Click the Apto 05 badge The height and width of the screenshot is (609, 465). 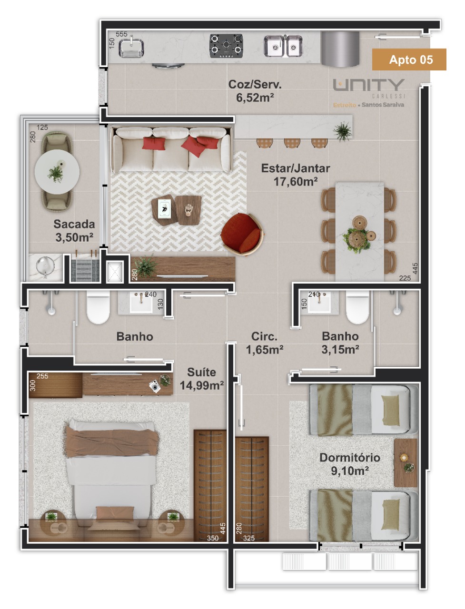click(409, 59)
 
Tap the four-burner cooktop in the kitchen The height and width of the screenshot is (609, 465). click(226, 46)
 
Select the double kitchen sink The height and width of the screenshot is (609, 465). click(283, 46)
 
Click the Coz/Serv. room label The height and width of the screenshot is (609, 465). click(255, 84)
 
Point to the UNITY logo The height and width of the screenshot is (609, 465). click(368, 85)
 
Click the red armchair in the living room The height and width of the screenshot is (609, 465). click(242, 234)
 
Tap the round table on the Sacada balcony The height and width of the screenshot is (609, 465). click(57, 172)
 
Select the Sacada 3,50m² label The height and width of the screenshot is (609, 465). click(74, 231)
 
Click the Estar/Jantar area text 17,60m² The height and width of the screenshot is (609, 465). click(296, 181)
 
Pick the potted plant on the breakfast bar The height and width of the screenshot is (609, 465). click(343, 131)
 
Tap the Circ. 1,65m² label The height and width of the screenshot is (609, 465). click(265, 343)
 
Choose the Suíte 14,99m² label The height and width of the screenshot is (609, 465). click(202, 379)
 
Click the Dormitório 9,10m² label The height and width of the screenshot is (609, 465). click(349, 464)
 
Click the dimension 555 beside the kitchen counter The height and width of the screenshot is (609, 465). click(121, 34)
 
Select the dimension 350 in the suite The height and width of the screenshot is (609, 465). click(213, 538)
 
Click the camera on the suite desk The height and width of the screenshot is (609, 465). click(155, 386)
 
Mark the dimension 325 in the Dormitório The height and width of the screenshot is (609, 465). click(248, 539)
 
